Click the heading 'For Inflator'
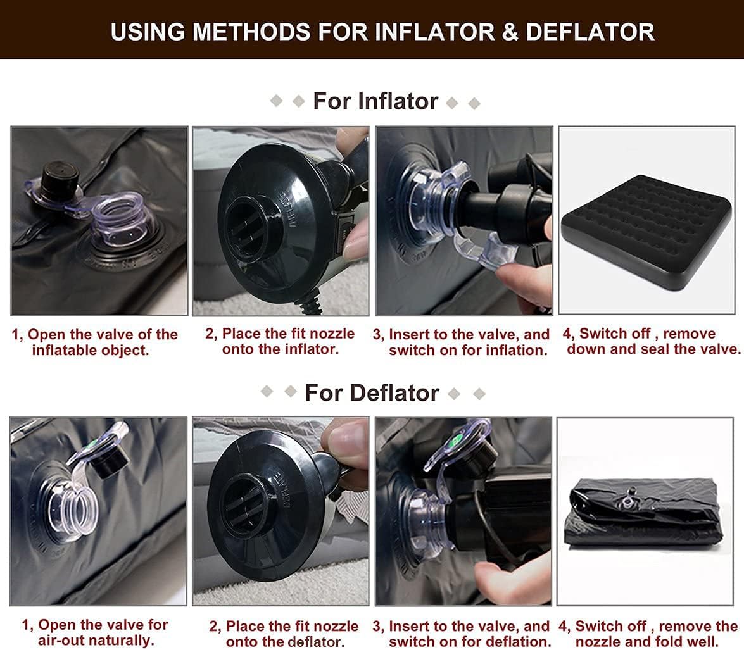pyautogui.click(x=375, y=101)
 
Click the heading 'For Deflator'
pyautogui.click(x=372, y=392)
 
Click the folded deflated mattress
pyautogui.click(x=643, y=513)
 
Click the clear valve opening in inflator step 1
pyautogui.click(x=120, y=218)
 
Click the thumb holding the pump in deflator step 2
pyautogui.click(x=345, y=443)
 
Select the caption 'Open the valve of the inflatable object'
pyautogui.click(x=95, y=342)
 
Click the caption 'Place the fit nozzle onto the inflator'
pyautogui.click(x=280, y=341)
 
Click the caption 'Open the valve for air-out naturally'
pyautogui.click(x=95, y=632)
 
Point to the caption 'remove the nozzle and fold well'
pyautogui.click(x=648, y=634)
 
